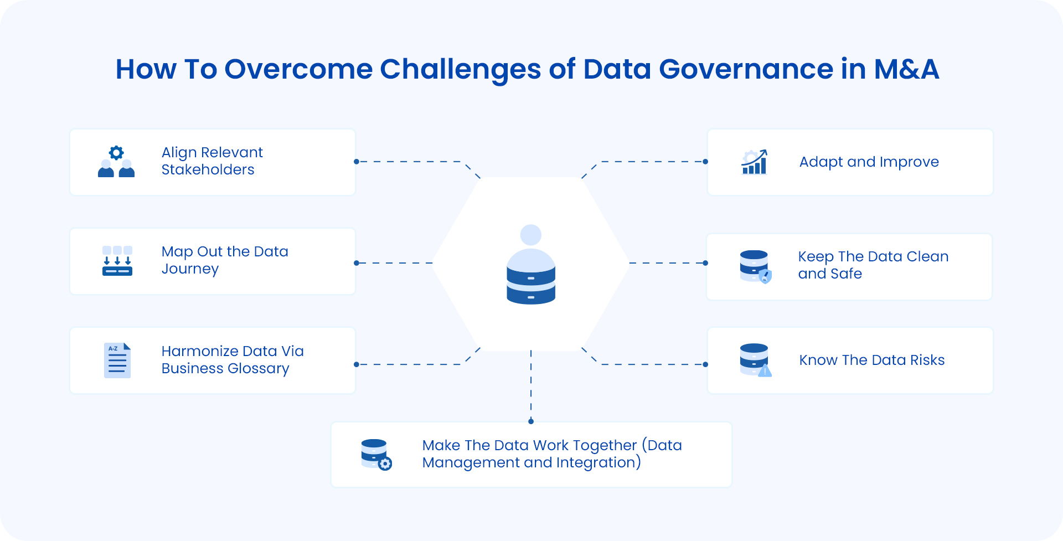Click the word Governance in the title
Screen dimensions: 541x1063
click(746, 69)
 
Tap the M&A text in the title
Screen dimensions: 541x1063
click(906, 69)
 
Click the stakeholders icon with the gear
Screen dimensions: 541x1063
click(116, 162)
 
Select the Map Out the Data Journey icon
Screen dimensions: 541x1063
click(117, 261)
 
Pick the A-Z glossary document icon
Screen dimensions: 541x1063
click(117, 360)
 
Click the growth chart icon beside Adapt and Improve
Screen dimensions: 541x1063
click(754, 162)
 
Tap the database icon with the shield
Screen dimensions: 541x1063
click(755, 266)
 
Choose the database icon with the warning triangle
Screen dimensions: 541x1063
click(755, 360)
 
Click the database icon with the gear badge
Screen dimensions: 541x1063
click(376, 454)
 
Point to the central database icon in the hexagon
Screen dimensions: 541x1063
click(531, 266)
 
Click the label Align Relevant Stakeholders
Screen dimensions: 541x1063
click(212, 161)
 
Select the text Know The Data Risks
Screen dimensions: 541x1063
click(871, 360)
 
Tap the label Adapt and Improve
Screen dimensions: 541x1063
click(869, 162)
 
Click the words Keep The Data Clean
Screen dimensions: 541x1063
click(873, 256)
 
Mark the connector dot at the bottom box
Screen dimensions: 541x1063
click(531, 421)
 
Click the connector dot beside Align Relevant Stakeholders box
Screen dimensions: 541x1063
click(357, 162)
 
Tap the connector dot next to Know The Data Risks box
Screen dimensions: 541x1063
click(705, 364)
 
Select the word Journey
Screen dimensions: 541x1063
click(190, 269)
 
